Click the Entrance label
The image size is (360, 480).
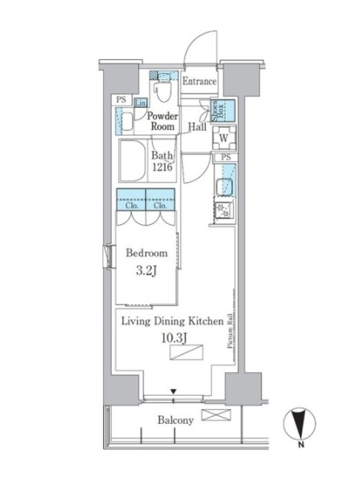(x=200, y=81)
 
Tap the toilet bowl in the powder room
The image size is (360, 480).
(x=163, y=91)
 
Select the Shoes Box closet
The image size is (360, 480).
(x=223, y=110)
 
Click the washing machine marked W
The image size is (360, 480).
(x=224, y=138)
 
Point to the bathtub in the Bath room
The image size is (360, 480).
(x=133, y=161)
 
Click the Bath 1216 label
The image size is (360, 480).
(x=162, y=161)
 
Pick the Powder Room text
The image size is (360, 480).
(x=163, y=121)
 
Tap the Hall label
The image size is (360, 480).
(x=197, y=127)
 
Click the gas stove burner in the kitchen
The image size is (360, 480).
(x=224, y=211)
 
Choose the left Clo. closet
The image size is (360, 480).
(x=131, y=199)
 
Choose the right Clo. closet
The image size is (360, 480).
(x=160, y=199)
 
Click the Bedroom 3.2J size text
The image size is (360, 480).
(x=146, y=271)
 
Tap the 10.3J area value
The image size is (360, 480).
(x=174, y=338)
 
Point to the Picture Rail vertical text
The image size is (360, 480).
(x=230, y=331)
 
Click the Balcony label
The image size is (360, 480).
(x=176, y=421)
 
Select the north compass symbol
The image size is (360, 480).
(x=299, y=424)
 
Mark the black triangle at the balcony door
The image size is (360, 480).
(x=173, y=391)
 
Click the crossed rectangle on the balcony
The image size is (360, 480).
(x=216, y=415)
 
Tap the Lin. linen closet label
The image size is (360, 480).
(x=140, y=103)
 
